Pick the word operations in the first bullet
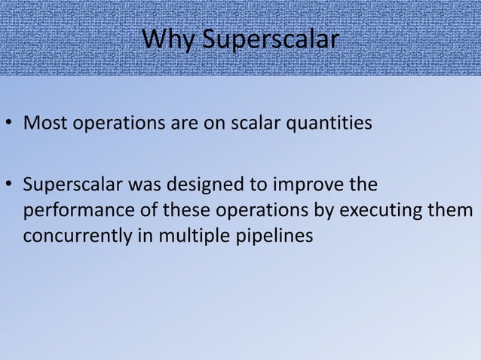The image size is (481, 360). click(x=106, y=124)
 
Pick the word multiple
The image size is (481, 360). click(x=176, y=236)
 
